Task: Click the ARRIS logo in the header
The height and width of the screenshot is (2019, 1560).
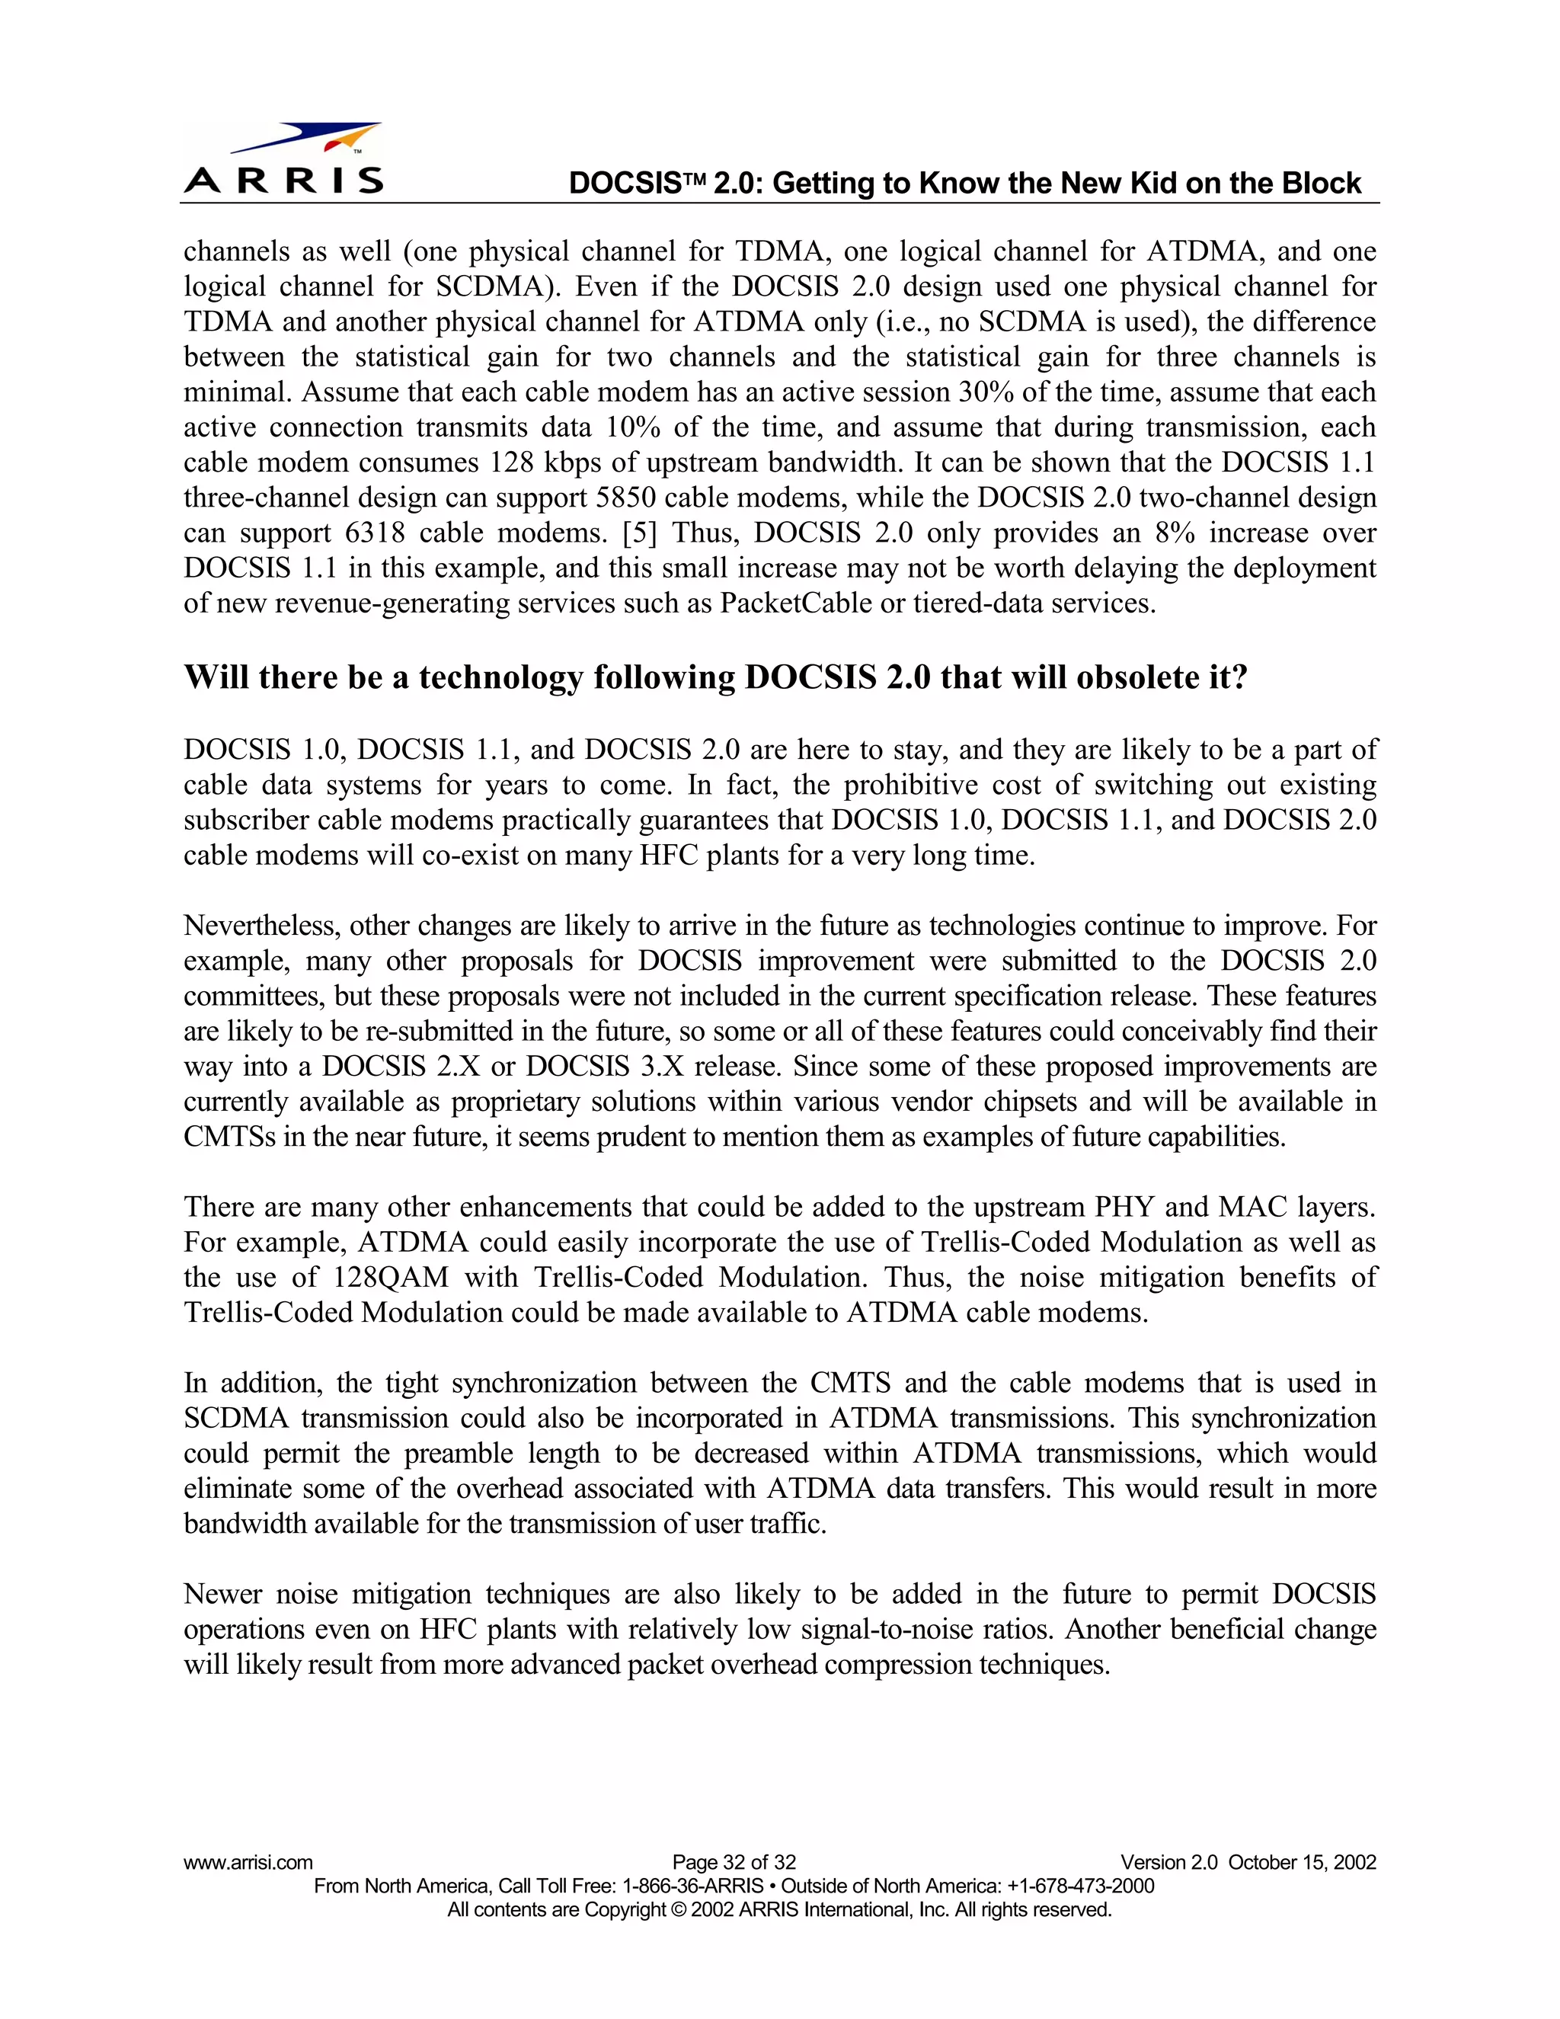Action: point(283,159)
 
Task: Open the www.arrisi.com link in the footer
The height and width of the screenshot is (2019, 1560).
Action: point(248,1862)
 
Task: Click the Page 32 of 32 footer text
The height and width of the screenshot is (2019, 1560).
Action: point(734,1862)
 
